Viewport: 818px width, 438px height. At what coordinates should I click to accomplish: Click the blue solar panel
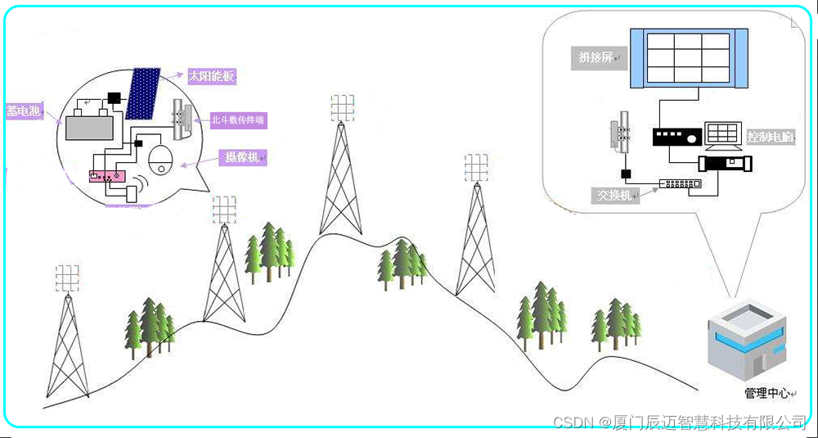point(145,93)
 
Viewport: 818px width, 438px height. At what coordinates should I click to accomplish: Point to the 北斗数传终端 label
point(238,120)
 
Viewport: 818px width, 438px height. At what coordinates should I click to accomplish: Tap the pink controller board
point(106,176)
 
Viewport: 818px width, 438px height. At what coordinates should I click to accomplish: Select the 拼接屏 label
point(596,57)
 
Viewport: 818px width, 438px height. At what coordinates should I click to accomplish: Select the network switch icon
point(681,183)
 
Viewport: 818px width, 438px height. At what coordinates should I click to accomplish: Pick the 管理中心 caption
point(767,393)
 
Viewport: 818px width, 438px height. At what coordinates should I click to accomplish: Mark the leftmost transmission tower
point(67,344)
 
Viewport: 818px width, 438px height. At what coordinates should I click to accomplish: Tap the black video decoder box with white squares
point(677,137)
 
